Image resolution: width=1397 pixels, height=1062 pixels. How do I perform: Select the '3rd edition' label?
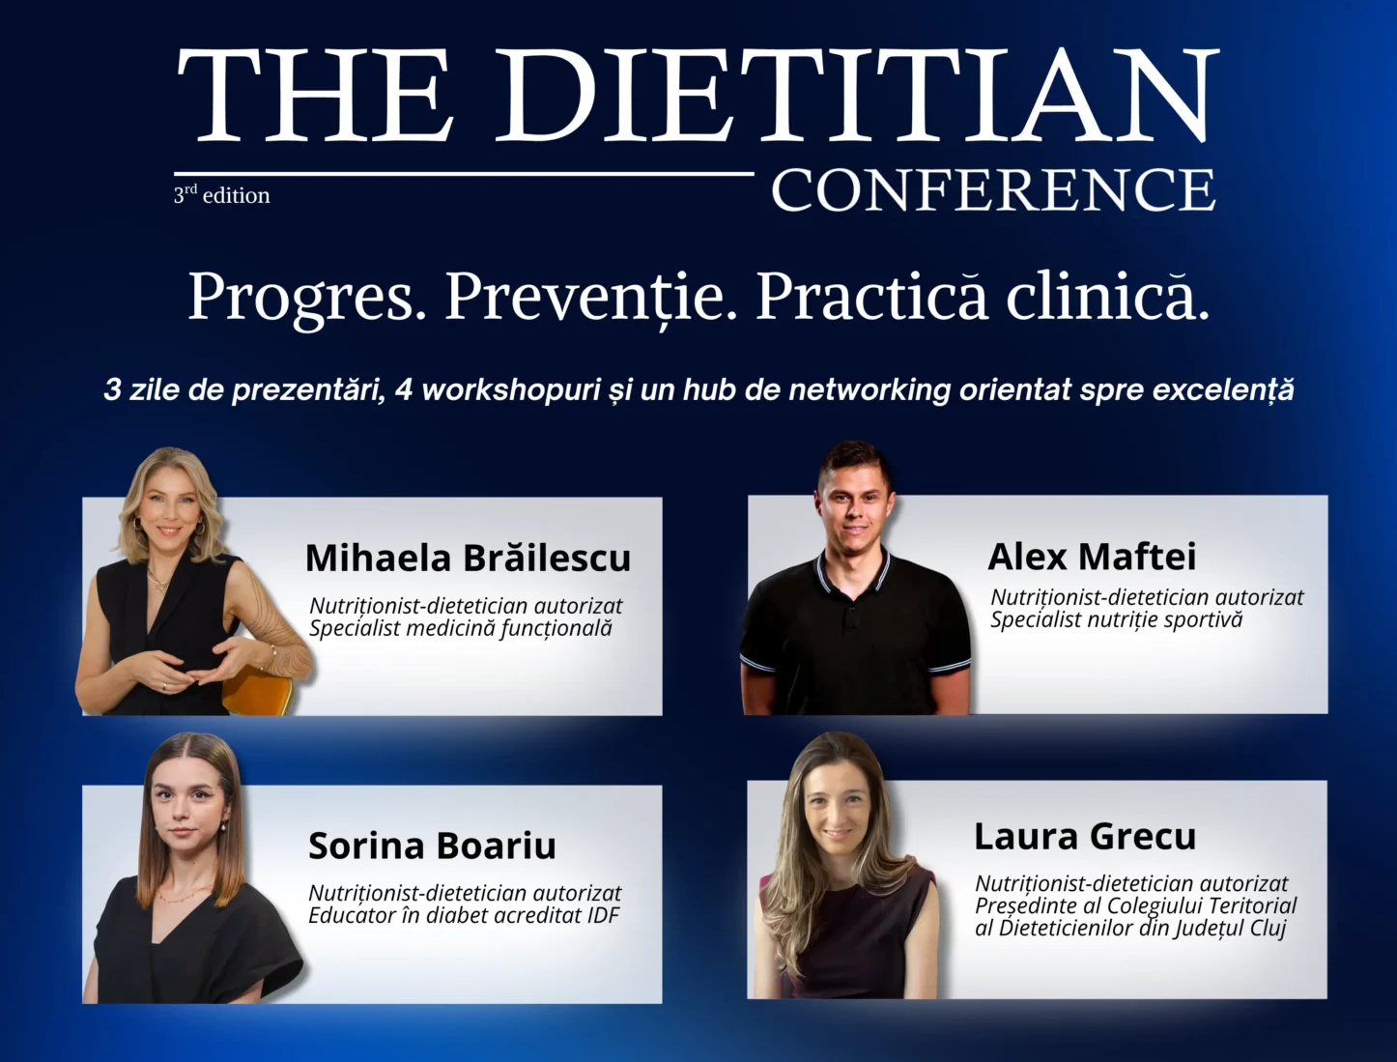pos(221,194)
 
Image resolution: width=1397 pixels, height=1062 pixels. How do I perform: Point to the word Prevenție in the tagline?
pos(590,298)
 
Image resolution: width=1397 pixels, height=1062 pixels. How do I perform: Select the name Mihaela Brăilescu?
pos(468,558)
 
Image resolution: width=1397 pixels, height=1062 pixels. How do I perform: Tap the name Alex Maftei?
pos(1092,556)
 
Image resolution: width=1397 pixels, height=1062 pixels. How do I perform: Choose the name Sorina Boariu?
pos(432,846)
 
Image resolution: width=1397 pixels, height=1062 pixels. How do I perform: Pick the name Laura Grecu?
pos(1085,836)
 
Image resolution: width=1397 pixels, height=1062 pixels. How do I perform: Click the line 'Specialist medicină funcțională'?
pos(461,629)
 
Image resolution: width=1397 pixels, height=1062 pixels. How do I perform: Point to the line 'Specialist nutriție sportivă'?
pos(1116,619)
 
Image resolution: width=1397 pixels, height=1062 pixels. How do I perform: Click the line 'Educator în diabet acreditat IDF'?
pos(464,915)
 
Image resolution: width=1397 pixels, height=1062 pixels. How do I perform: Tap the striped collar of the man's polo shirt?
pos(853,573)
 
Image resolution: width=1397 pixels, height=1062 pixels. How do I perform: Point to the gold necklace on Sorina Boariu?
pos(184,894)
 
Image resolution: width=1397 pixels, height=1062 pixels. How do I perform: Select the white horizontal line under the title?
pos(464,173)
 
